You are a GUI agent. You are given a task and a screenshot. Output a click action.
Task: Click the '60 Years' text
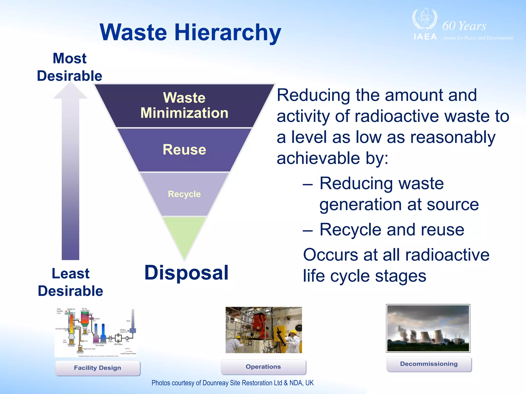464,26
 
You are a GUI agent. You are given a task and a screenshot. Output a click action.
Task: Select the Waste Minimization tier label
184,105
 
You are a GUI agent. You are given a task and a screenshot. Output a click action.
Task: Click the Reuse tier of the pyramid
184,150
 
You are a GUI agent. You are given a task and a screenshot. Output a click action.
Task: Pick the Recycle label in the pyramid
184,194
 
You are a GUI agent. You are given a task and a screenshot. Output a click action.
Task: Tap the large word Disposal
186,273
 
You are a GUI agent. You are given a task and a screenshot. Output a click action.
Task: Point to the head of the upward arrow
70,91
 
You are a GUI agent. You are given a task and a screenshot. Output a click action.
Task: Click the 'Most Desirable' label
69,67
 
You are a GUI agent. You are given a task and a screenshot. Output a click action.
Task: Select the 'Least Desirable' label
70,282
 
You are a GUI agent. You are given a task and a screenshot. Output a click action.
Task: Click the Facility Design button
98,368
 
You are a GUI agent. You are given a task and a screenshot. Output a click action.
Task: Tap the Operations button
263,367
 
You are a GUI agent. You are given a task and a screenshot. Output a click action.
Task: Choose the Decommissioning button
429,364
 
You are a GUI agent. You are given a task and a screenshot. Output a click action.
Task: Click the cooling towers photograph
428,328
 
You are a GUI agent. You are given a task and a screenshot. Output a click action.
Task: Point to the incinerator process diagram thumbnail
96,331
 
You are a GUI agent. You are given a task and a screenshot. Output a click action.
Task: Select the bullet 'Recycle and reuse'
392,230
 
